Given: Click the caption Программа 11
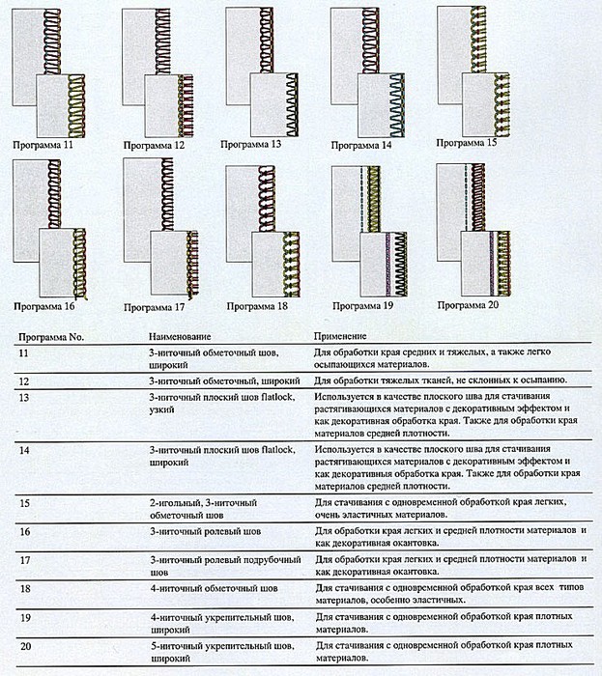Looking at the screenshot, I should coord(43,145).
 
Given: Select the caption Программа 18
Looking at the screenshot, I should coord(257,306).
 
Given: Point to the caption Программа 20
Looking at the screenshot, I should coord(468,305).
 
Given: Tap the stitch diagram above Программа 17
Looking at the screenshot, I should coord(158,232).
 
